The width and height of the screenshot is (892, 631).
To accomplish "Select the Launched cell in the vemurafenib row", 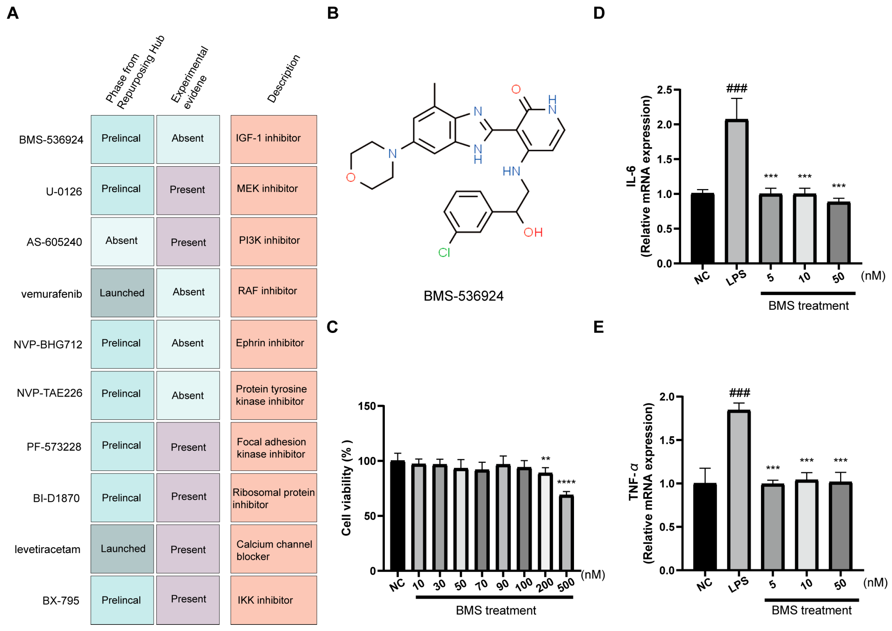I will pyautogui.click(x=122, y=293).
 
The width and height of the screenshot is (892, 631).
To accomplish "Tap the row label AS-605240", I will pyautogui.click(x=54, y=242).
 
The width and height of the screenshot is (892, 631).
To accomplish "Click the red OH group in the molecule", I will pyautogui.click(x=533, y=233).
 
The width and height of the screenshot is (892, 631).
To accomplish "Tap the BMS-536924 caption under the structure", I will pyautogui.click(x=463, y=296).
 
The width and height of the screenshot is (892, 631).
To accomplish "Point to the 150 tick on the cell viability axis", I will pyautogui.click(x=367, y=406).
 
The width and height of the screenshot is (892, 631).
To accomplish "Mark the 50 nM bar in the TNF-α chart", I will pyautogui.click(x=840, y=526).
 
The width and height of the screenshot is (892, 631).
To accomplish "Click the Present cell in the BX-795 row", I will pyautogui.click(x=188, y=599).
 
